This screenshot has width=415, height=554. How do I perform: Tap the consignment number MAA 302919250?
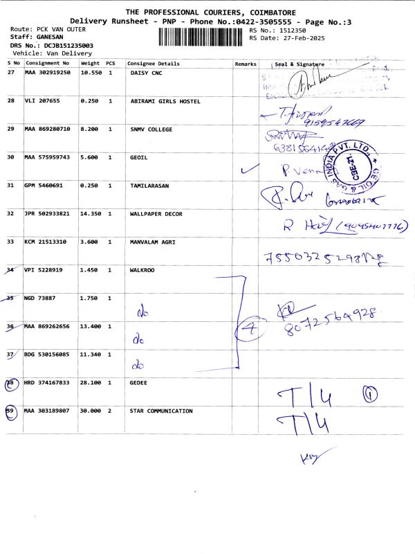pyautogui.click(x=48, y=72)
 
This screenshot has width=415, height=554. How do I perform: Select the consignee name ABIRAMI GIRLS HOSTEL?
pyautogui.click(x=165, y=101)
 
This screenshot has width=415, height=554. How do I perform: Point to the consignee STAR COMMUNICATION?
pyautogui.click(x=161, y=411)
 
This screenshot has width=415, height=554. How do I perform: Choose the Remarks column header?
pyautogui.click(x=246, y=64)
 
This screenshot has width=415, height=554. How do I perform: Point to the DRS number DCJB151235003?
pyautogui.click(x=68, y=45)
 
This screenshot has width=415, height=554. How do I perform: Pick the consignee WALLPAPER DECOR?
pyautogui.click(x=156, y=214)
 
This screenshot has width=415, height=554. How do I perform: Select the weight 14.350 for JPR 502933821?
pyautogui.click(x=91, y=214)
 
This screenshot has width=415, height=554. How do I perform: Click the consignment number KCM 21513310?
pyautogui.click(x=48, y=242)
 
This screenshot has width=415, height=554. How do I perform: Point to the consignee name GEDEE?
pyautogui.click(x=138, y=382)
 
